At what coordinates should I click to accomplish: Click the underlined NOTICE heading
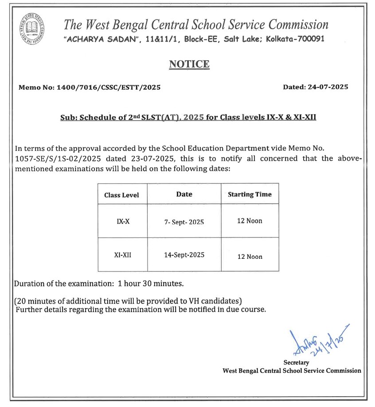click(189, 64)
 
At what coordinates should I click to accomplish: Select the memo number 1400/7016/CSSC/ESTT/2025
click(109, 87)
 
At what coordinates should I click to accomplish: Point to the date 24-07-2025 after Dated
click(328, 87)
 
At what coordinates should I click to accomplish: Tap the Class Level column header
click(121, 195)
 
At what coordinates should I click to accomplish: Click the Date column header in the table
click(184, 194)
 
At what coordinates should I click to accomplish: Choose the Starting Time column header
click(250, 194)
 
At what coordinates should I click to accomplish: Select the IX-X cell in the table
click(123, 221)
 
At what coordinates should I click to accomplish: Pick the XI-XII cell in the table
click(123, 255)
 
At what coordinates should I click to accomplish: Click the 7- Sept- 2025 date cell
click(184, 222)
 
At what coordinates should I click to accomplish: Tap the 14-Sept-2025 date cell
click(184, 255)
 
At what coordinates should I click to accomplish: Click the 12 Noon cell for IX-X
click(250, 221)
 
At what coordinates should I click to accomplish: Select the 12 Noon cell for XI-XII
click(250, 257)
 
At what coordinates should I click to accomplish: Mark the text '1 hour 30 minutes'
click(151, 283)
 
